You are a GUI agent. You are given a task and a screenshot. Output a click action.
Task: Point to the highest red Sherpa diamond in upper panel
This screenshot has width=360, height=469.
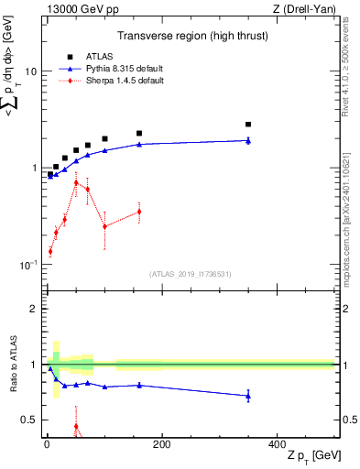(76, 183)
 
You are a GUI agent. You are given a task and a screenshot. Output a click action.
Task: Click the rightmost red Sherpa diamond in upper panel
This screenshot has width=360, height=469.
(139, 212)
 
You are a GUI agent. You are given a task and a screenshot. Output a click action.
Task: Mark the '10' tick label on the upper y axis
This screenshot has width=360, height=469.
(30, 71)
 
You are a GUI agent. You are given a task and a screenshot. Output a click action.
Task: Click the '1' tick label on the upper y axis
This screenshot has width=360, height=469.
(33, 169)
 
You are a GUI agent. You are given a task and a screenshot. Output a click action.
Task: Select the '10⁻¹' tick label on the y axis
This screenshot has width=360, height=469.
(27, 264)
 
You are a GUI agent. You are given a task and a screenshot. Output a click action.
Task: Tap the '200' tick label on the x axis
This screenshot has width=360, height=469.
(161, 444)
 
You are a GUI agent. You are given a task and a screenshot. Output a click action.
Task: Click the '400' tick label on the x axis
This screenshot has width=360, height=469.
(277, 444)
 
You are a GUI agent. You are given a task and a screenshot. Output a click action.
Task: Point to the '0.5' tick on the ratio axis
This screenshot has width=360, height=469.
(27, 420)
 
